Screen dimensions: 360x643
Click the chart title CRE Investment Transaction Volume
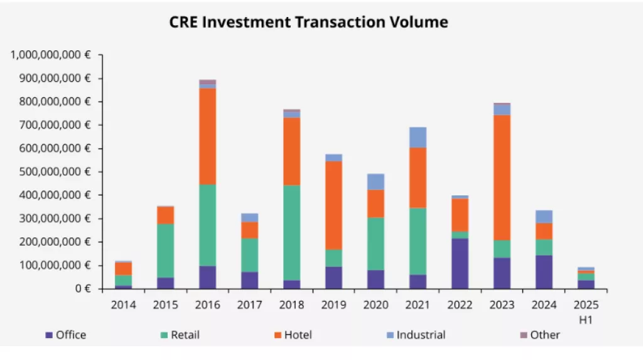tap(308, 23)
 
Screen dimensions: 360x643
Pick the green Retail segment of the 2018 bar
tap(291, 232)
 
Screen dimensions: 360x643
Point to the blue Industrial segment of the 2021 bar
tap(417, 137)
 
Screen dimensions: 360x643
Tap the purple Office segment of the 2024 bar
tap(543, 271)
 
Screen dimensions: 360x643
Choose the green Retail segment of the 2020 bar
tap(376, 244)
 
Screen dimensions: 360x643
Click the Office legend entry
tap(65, 335)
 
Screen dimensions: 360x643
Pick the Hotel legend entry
tap(292, 335)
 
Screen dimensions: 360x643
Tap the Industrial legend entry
tap(415, 335)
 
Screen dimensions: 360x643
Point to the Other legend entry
tap(539, 335)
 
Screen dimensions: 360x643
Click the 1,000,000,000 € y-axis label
tap(50, 55)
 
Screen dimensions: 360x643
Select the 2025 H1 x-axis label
tap(585, 310)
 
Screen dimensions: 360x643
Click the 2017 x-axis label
tap(249, 305)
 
